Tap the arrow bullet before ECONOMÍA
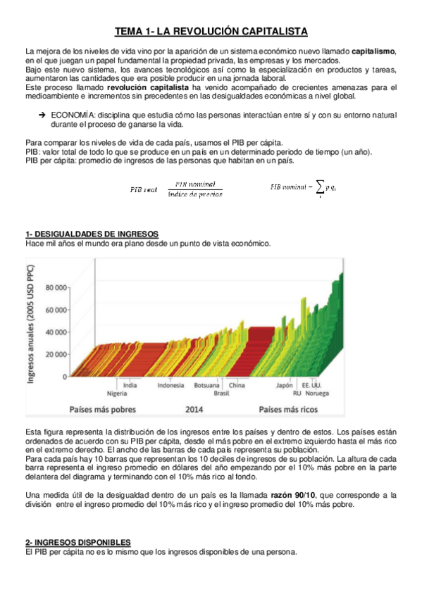[42, 114]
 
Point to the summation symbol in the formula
[321, 187]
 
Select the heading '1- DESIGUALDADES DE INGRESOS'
[91, 234]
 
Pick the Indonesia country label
[170, 385]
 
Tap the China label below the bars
[237, 385]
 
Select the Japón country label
[284, 385]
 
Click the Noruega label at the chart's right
[317, 393]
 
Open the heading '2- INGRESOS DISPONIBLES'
[77, 543]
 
